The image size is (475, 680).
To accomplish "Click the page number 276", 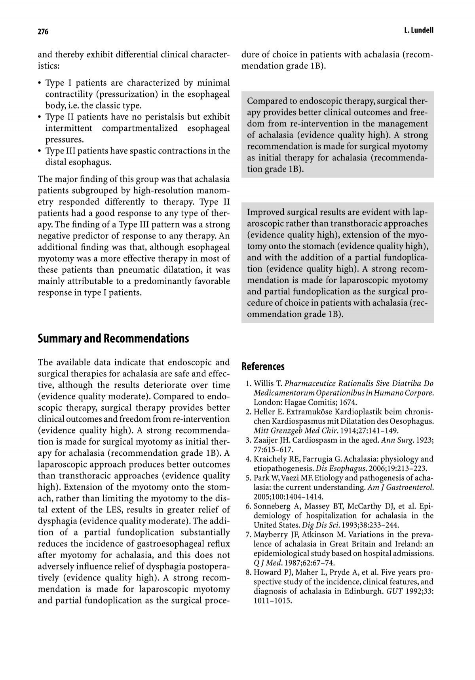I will [43, 32].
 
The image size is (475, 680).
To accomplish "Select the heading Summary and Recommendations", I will [113, 339].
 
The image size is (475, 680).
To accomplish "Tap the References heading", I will [263, 367].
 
